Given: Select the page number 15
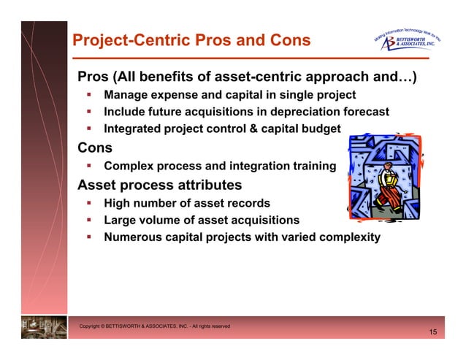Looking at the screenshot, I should (433, 333).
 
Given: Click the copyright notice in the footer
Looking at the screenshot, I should (155, 326).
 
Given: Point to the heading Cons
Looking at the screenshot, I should (95, 148).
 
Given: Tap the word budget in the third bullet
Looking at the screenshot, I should (320, 129).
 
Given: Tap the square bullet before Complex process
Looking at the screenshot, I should (87, 166).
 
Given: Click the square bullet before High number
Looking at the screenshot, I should (87, 203).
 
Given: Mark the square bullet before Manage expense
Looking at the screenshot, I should (87, 95).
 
